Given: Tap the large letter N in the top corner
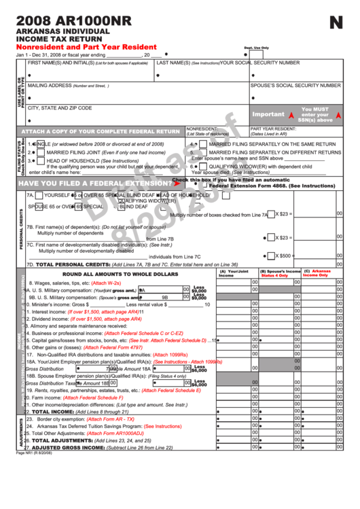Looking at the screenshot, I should click(x=336, y=23).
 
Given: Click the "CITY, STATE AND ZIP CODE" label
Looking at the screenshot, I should click(x=59, y=108).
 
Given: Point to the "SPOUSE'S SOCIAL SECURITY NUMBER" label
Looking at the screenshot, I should click(x=295, y=86).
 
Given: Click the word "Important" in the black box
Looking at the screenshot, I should click(x=268, y=115).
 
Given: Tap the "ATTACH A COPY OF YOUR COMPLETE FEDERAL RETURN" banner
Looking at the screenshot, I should click(x=101, y=132).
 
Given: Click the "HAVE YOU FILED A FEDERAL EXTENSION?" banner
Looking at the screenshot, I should click(x=95, y=183).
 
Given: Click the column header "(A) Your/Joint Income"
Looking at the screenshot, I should click(x=234, y=273).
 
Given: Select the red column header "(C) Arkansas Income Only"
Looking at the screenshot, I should click(x=317, y=273).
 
